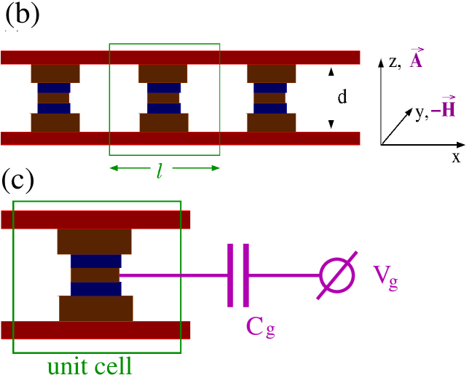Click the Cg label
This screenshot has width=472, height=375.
pos(260,327)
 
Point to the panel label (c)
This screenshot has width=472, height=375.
pos(18,179)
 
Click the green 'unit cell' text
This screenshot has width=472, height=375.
pos(90,366)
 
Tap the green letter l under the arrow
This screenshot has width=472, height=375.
pos(160,171)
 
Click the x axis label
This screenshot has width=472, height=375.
pos(456,157)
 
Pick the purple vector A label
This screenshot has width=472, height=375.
pos(416,60)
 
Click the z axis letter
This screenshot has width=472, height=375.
pos(393,62)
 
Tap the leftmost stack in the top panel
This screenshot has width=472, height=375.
pos(55,98)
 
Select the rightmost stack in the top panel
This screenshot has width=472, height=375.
pos(271,98)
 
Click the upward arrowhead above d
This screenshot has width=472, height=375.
pos(331,71)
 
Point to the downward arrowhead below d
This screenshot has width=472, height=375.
pos(331,124)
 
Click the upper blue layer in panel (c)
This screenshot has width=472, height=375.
pos(95,261)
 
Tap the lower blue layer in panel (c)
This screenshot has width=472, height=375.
pos(95,289)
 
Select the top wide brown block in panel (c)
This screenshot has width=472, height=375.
pos(94,241)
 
